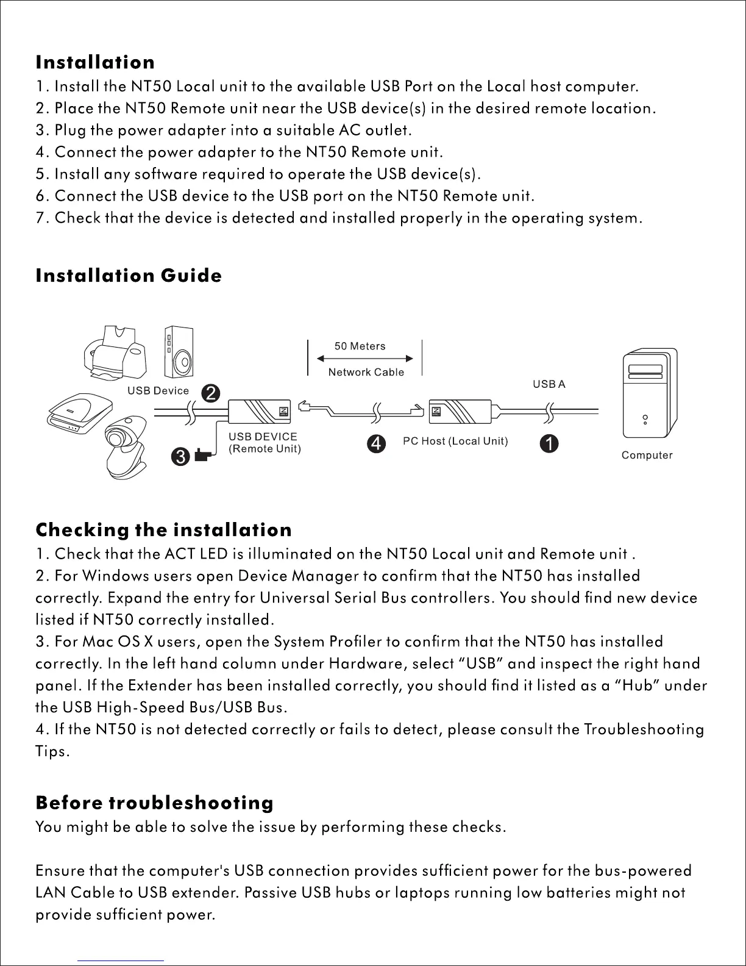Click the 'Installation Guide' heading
click(x=129, y=276)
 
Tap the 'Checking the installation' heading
click(x=163, y=529)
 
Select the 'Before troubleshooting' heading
click(x=154, y=803)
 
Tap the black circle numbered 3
click(x=180, y=456)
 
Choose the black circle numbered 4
click(x=377, y=443)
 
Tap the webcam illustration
click(x=126, y=445)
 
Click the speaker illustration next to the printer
click(x=179, y=353)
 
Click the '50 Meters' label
click(x=360, y=346)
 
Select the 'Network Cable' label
click(x=366, y=372)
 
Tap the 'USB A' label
click(x=549, y=384)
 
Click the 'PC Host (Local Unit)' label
click(x=455, y=441)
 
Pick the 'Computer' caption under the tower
click(x=647, y=455)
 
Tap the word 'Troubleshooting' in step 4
click(x=644, y=729)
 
